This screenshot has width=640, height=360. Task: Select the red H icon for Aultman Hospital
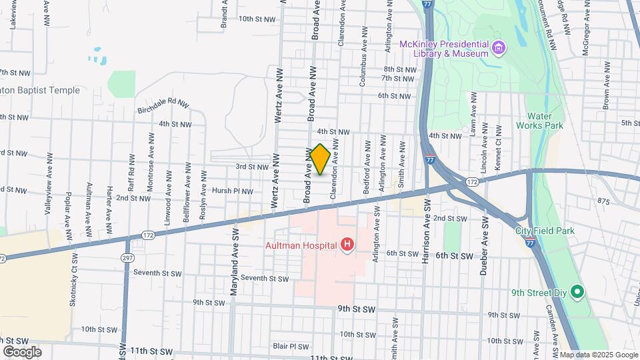(x=347, y=245)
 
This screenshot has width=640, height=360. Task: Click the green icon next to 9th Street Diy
(x=578, y=292)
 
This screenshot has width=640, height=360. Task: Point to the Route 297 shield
(x=127, y=257)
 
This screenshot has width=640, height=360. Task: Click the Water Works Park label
(x=545, y=121)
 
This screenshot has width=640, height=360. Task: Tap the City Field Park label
(x=545, y=231)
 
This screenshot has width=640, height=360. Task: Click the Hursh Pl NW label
(x=232, y=191)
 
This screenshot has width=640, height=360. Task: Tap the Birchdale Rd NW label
(x=163, y=105)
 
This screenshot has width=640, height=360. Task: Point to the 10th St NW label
(x=257, y=19)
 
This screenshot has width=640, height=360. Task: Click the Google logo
(x=22, y=351)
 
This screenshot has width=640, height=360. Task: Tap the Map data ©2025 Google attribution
(x=598, y=355)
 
